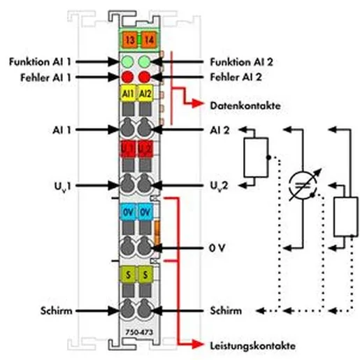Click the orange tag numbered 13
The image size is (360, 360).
tap(129, 41)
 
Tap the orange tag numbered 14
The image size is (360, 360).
tap(149, 41)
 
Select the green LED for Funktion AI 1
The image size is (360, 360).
tap(128, 62)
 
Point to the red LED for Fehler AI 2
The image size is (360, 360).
tap(145, 77)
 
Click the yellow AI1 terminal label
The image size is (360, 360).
tap(128, 93)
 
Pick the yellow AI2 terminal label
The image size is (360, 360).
tap(145, 93)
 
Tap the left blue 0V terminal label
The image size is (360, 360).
tap(128, 212)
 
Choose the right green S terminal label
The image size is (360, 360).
tap(145, 275)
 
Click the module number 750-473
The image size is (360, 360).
tap(139, 332)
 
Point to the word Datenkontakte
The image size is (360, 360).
tap(245, 106)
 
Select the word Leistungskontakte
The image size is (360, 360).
tap(253, 345)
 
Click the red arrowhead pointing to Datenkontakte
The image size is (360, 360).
tap(198, 103)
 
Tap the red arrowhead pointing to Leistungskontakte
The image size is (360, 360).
tap(198, 345)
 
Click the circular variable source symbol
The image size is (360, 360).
tap(303, 186)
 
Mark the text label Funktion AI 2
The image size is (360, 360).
tap(241, 62)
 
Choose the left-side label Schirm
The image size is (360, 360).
tap(56, 311)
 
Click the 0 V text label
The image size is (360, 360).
tap(217, 248)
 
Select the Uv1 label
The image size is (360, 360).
tap(62, 186)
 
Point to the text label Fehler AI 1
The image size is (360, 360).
tap(45, 78)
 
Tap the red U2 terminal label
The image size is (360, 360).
tap(145, 148)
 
